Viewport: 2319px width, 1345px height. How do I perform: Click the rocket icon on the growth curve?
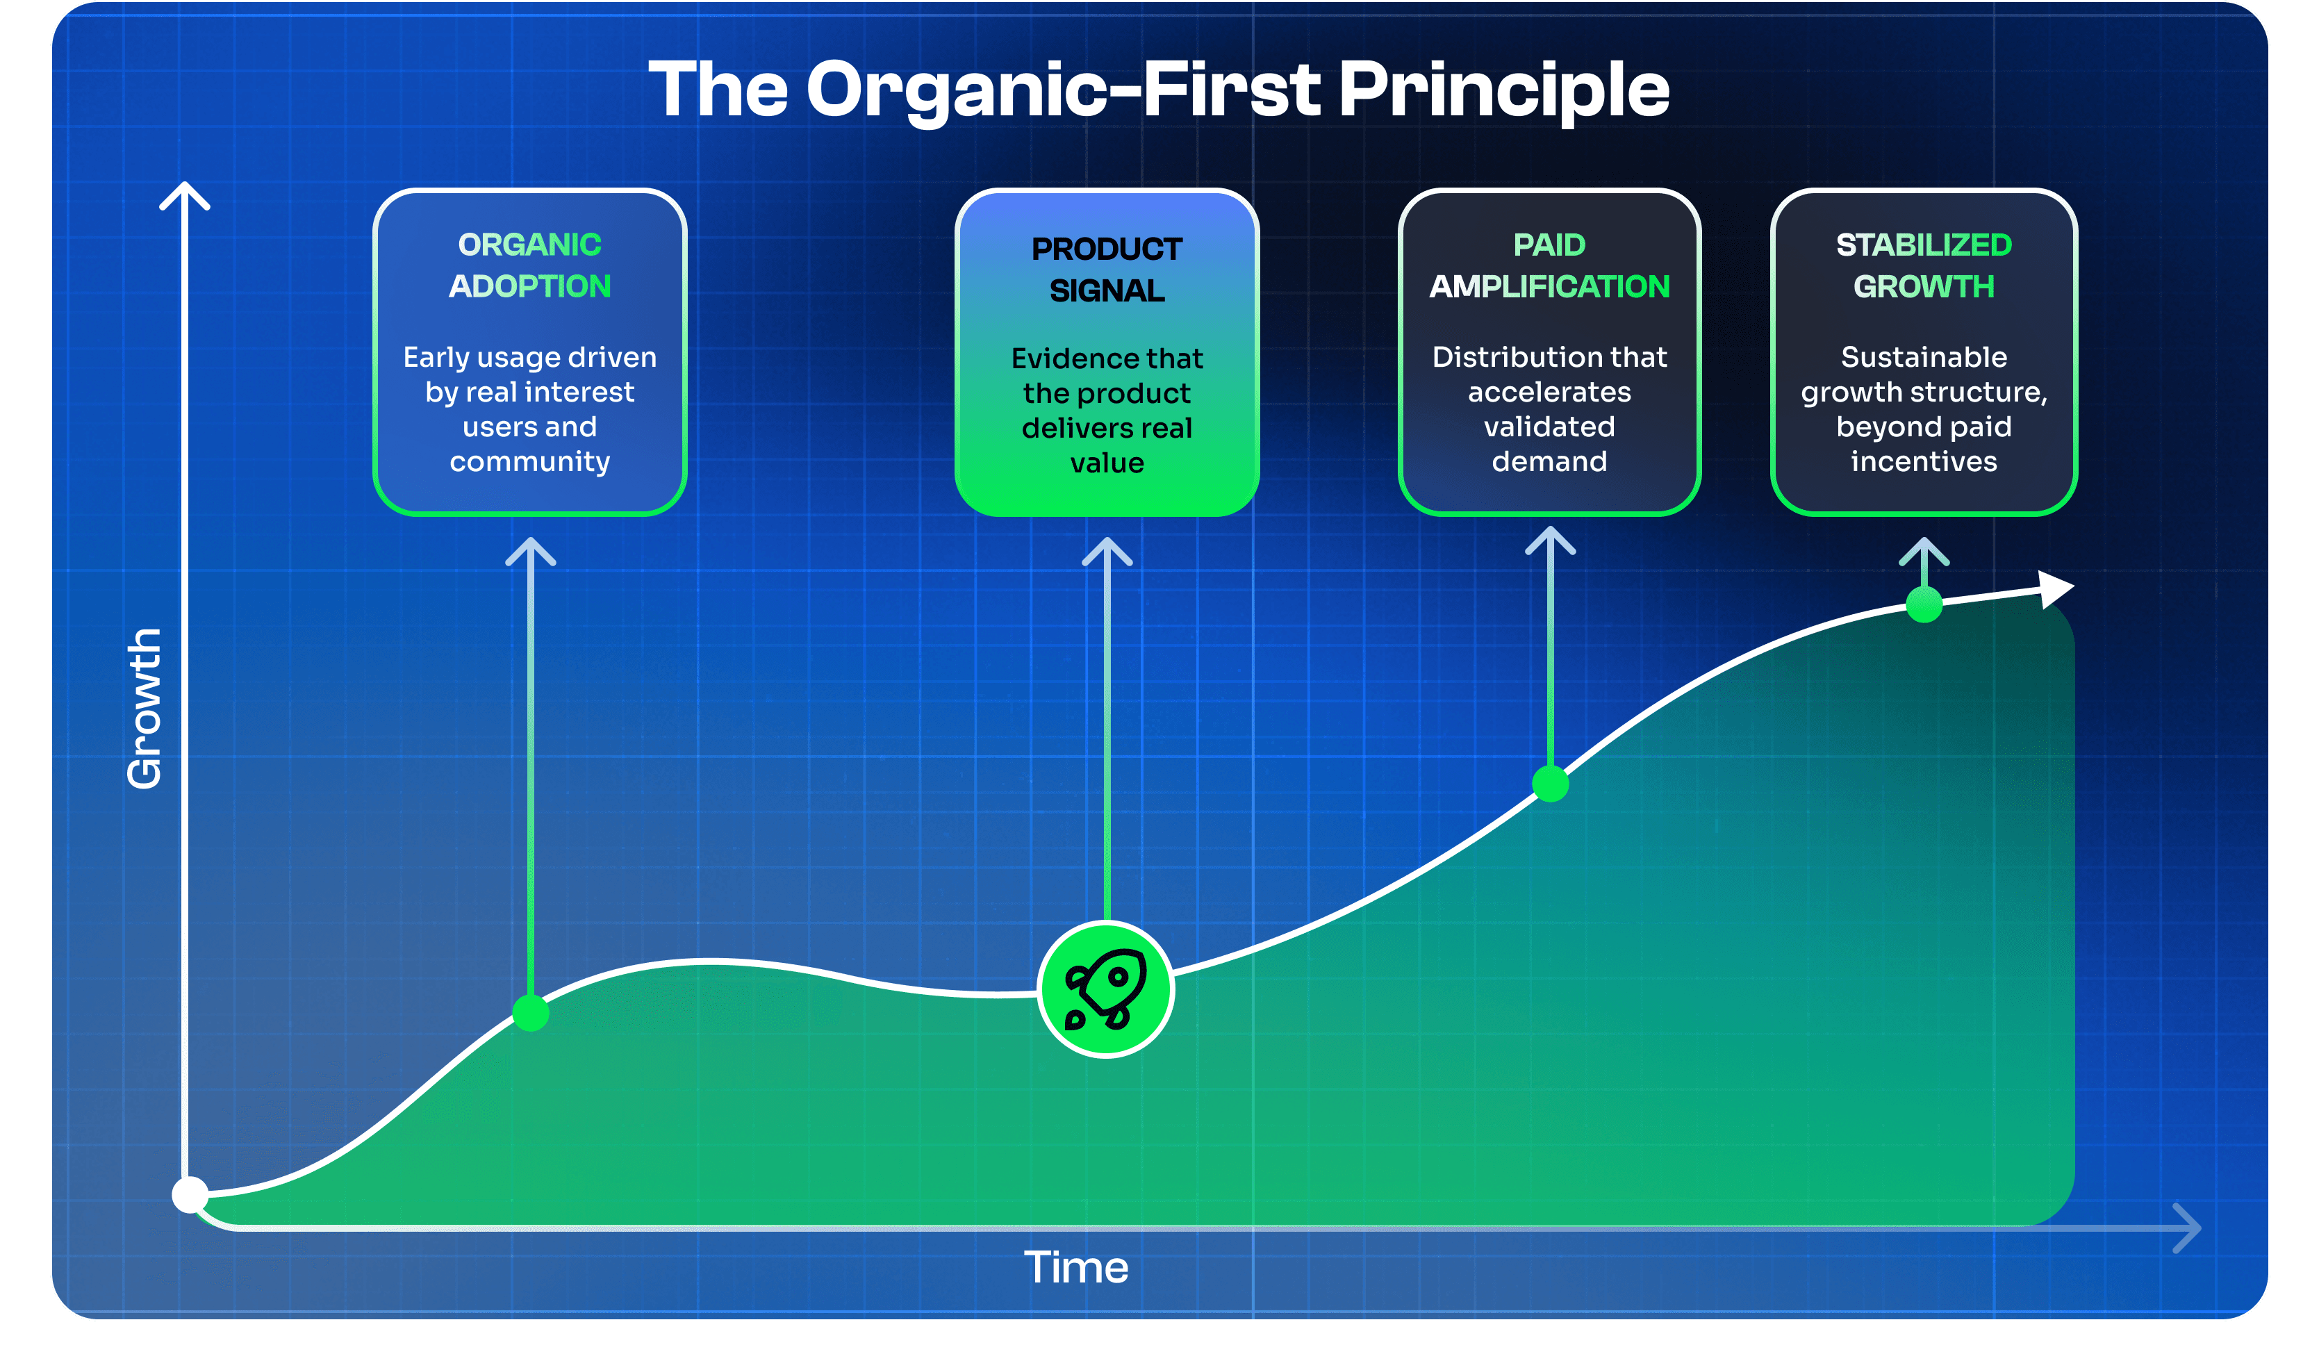[1105, 989]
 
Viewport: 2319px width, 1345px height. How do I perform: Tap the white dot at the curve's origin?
[190, 1195]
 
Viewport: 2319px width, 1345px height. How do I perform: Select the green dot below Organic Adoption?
[530, 1013]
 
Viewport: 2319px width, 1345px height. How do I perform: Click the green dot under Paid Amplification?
[1551, 784]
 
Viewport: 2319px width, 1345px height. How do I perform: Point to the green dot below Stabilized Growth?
[1924, 604]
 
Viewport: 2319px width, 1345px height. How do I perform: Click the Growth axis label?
[145, 709]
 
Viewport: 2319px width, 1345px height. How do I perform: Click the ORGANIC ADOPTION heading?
[530, 265]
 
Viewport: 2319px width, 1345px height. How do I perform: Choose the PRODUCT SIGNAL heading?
[1107, 269]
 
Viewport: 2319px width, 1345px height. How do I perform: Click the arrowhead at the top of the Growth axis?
[185, 193]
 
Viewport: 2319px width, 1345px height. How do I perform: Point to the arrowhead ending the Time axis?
[2188, 1228]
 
